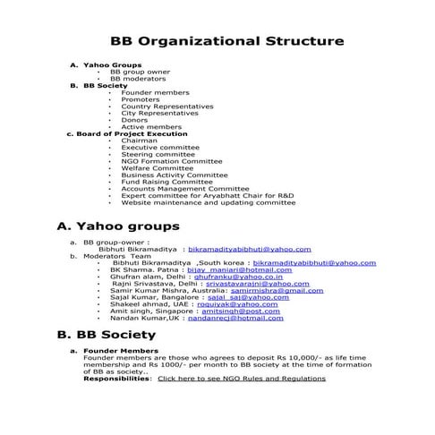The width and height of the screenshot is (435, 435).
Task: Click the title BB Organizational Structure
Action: [226, 42]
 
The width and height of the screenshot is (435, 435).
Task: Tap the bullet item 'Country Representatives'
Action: [167, 106]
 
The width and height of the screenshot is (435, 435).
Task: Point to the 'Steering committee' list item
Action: [158, 154]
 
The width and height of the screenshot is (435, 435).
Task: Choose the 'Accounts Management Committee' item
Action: [185, 189]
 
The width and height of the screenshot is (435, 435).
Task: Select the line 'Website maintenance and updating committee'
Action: [208, 202]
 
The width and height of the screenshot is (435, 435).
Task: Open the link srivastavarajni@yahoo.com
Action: [257, 284]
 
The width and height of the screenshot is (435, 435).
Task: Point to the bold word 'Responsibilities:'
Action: [117, 379]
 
